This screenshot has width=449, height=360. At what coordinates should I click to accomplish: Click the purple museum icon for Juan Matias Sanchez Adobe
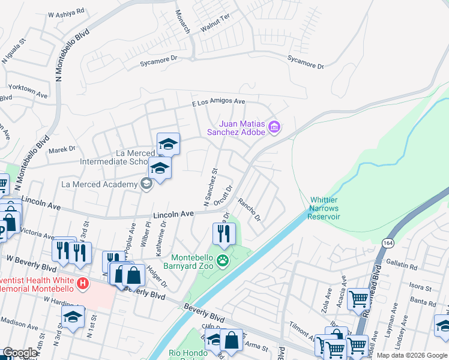tap(275, 126)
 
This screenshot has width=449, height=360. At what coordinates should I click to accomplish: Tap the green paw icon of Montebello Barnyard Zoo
tap(223, 260)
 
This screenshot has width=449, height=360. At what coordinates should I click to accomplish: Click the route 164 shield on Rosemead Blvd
tap(387, 242)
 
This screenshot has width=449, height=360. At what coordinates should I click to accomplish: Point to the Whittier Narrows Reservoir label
tap(325, 208)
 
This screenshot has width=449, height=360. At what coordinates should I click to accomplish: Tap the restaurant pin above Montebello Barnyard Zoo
tap(223, 233)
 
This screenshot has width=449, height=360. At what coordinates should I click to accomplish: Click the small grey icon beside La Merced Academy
tap(146, 184)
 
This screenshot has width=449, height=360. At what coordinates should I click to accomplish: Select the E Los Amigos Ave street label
tap(219, 103)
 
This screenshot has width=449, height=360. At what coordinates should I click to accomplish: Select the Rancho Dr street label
tap(249, 209)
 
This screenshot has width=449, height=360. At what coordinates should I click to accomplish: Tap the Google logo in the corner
tap(20, 353)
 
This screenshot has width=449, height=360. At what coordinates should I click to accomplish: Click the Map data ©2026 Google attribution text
tap(412, 355)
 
